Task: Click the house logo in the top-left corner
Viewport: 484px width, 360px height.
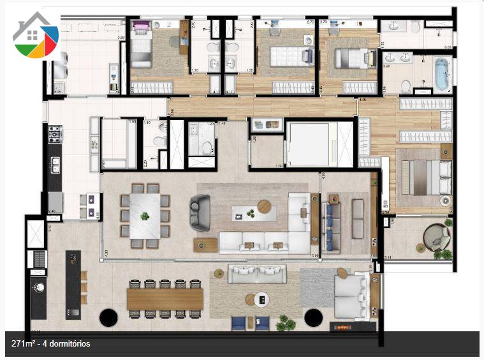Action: point(36,35)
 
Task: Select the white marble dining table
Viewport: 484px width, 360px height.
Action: point(145,216)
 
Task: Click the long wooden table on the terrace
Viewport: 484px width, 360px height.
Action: point(165,299)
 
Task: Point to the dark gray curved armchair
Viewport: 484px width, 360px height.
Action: point(199,213)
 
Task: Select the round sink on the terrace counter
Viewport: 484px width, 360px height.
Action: point(38,287)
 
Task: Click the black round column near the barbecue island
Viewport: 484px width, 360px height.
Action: point(108,317)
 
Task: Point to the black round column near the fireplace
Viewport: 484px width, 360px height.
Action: point(313,317)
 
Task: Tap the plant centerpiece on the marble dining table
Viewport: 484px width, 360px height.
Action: point(145,216)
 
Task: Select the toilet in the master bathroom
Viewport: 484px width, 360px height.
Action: point(406,86)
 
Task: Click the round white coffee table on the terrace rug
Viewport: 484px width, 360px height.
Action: point(260,298)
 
